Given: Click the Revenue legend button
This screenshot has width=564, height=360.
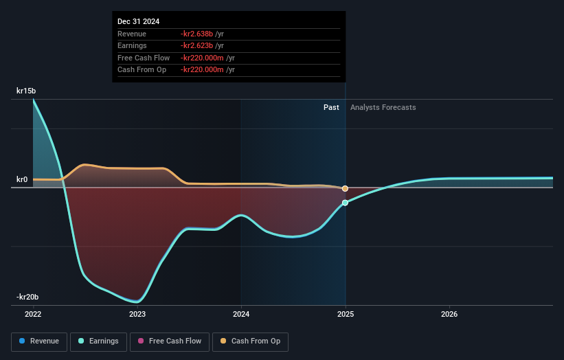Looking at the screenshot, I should tap(39, 341).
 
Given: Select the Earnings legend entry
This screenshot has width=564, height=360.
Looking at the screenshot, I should tap(98, 341).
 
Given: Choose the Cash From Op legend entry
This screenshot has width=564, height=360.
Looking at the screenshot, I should tap(250, 341).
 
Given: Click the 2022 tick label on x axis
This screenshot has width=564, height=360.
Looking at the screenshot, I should tap(33, 314).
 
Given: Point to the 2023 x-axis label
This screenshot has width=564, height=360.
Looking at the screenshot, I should tap(137, 314).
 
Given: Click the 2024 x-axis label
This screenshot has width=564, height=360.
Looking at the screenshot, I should tap(241, 314).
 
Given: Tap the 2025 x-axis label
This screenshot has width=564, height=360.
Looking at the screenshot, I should tap(346, 314).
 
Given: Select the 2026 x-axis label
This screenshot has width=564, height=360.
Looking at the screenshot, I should tap(449, 314).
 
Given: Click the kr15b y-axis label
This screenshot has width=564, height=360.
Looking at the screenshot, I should tap(26, 91).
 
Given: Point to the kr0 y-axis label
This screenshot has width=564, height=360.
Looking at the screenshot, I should tap(22, 180).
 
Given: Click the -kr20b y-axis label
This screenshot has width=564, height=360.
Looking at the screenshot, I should tap(27, 297).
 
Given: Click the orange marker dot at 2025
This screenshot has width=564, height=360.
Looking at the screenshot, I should tap(345, 188).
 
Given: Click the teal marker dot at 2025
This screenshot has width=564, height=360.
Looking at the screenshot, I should tap(345, 203).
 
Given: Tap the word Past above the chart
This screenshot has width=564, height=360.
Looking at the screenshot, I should tap(331, 107).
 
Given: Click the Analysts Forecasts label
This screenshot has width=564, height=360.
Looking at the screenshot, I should tap(383, 107).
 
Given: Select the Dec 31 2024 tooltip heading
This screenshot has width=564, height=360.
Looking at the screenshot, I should tap(138, 21).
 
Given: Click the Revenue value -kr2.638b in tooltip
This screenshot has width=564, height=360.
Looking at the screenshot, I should tap(197, 34).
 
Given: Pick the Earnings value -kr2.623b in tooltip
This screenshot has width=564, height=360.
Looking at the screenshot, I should tap(197, 46).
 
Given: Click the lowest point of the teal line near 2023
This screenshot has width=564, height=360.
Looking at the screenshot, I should tap(137, 302).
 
